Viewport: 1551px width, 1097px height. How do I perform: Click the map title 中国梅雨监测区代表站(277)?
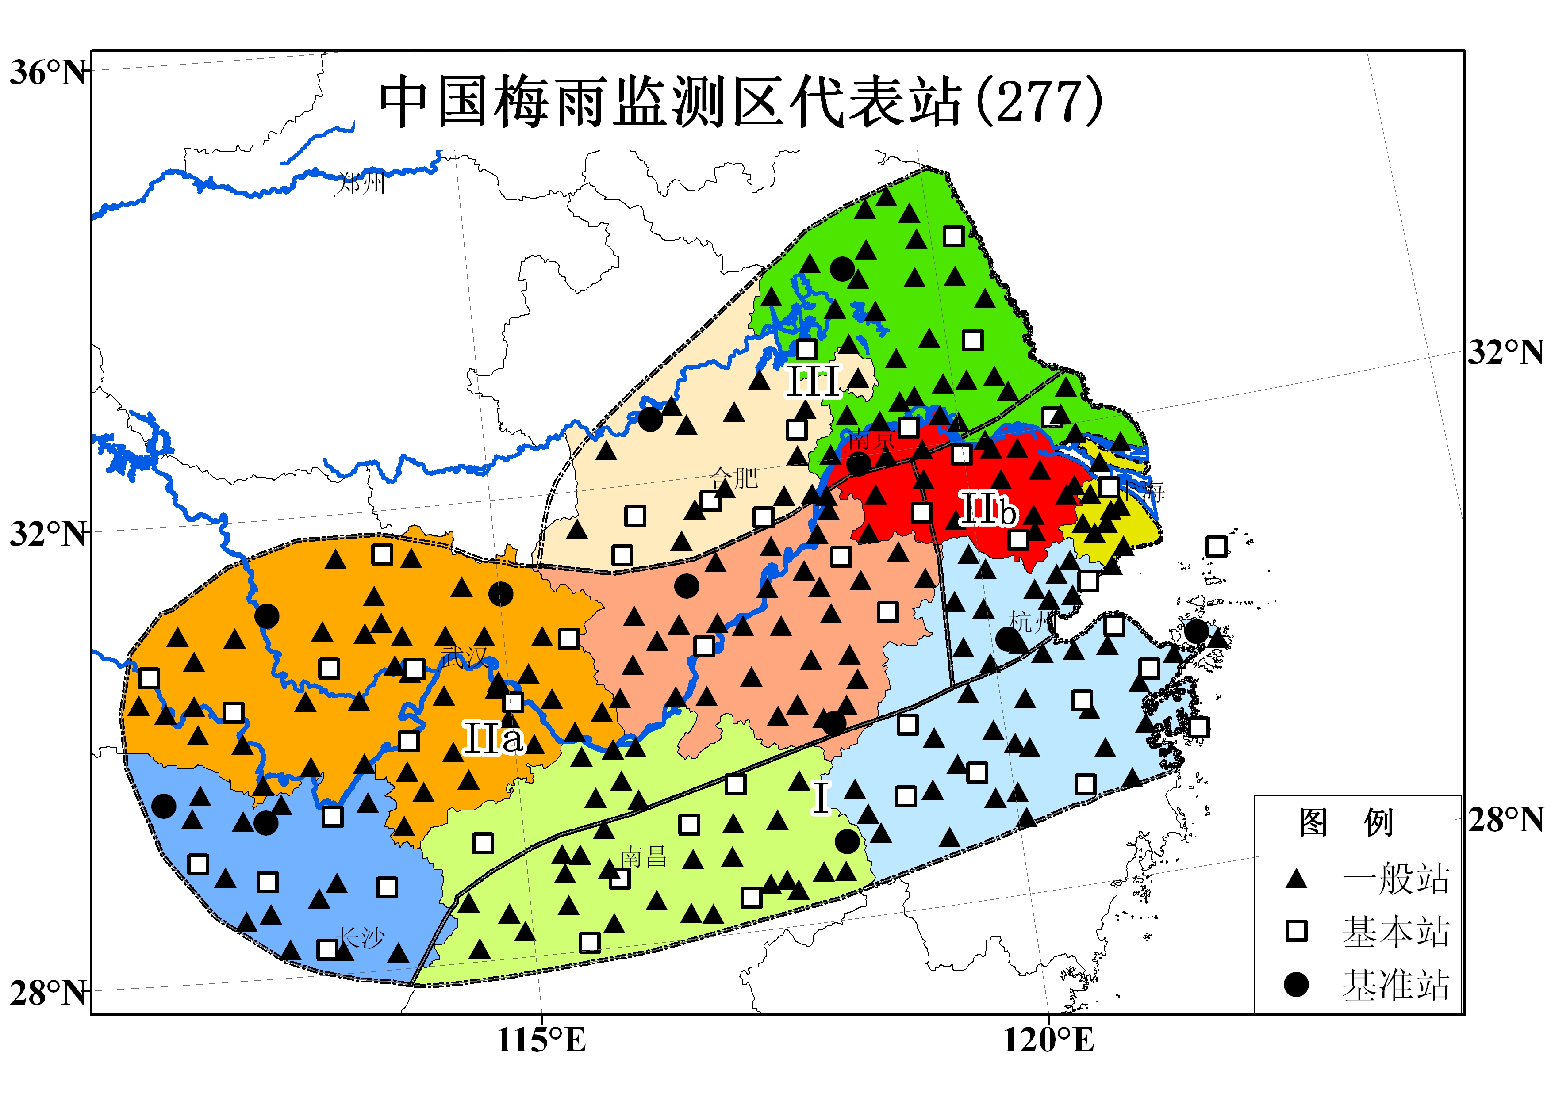coord(740,101)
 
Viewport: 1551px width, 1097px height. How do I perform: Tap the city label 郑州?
coord(361,182)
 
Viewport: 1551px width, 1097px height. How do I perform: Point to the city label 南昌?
coord(643,857)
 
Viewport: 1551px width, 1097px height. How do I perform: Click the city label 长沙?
coord(361,937)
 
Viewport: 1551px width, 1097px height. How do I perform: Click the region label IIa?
coord(493,738)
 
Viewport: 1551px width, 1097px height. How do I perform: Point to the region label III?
coord(813,382)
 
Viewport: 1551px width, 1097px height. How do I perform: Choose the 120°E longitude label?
coord(1048,1040)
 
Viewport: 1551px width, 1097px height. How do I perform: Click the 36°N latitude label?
coord(47,72)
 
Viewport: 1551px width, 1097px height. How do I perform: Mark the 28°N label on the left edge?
coord(47,993)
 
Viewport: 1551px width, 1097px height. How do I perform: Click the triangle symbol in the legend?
coord(1296,879)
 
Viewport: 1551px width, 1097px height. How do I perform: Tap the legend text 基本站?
coord(1396,932)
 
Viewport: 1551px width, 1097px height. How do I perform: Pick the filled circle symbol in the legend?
coord(1296,984)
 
